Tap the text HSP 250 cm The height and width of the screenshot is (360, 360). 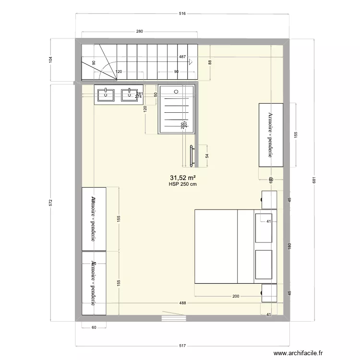pos(182,183)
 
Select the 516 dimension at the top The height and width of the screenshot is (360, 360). pos(182,14)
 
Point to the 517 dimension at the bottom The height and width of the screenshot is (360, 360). pos(182,345)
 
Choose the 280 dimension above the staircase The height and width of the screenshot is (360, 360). pos(139,32)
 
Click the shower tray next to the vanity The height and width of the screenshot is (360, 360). pos(176,109)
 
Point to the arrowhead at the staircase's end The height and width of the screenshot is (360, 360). pos(191,61)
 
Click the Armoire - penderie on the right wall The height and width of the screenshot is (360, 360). pos(271,135)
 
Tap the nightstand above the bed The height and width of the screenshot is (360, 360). pos(269,199)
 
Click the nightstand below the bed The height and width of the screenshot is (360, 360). pos(269,293)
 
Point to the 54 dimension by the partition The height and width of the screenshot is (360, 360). pos(207,156)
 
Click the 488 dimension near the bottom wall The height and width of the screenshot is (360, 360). pos(183,303)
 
